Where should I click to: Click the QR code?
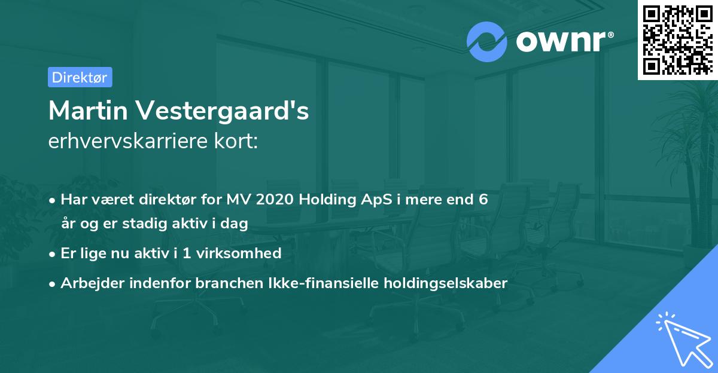tap(677, 40)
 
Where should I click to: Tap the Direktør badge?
tap(80, 77)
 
